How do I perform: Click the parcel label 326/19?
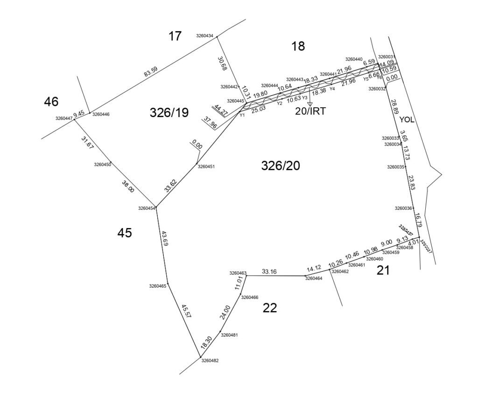pyautogui.click(x=169, y=112)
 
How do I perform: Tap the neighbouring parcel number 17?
pyautogui.click(x=175, y=36)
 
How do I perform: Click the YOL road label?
pyautogui.click(x=407, y=119)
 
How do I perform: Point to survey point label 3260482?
pyautogui.click(x=210, y=360)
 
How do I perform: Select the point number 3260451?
pyautogui.click(x=206, y=166)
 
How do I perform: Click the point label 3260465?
pyautogui.click(x=158, y=286)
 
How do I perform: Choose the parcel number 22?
pyautogui.click(x=270, y=308)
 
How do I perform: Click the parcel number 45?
pyautogui.click(x=125, y=233)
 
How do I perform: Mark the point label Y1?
pyautogui.click(x=242, y=114)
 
